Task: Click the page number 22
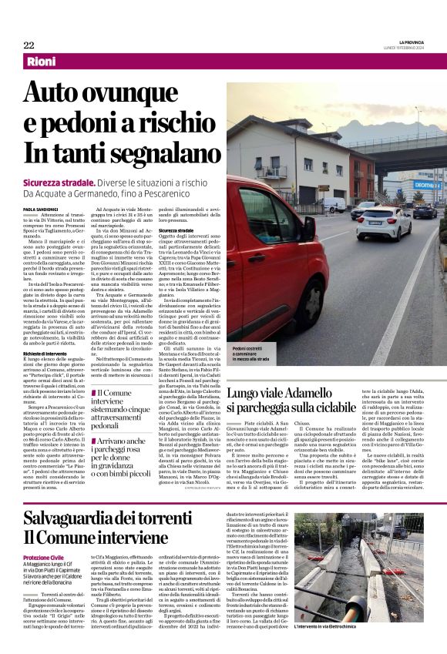coord(29,45)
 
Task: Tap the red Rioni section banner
coord(46,61)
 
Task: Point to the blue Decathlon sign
coord(408,186)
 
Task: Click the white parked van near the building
coord(333,204)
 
